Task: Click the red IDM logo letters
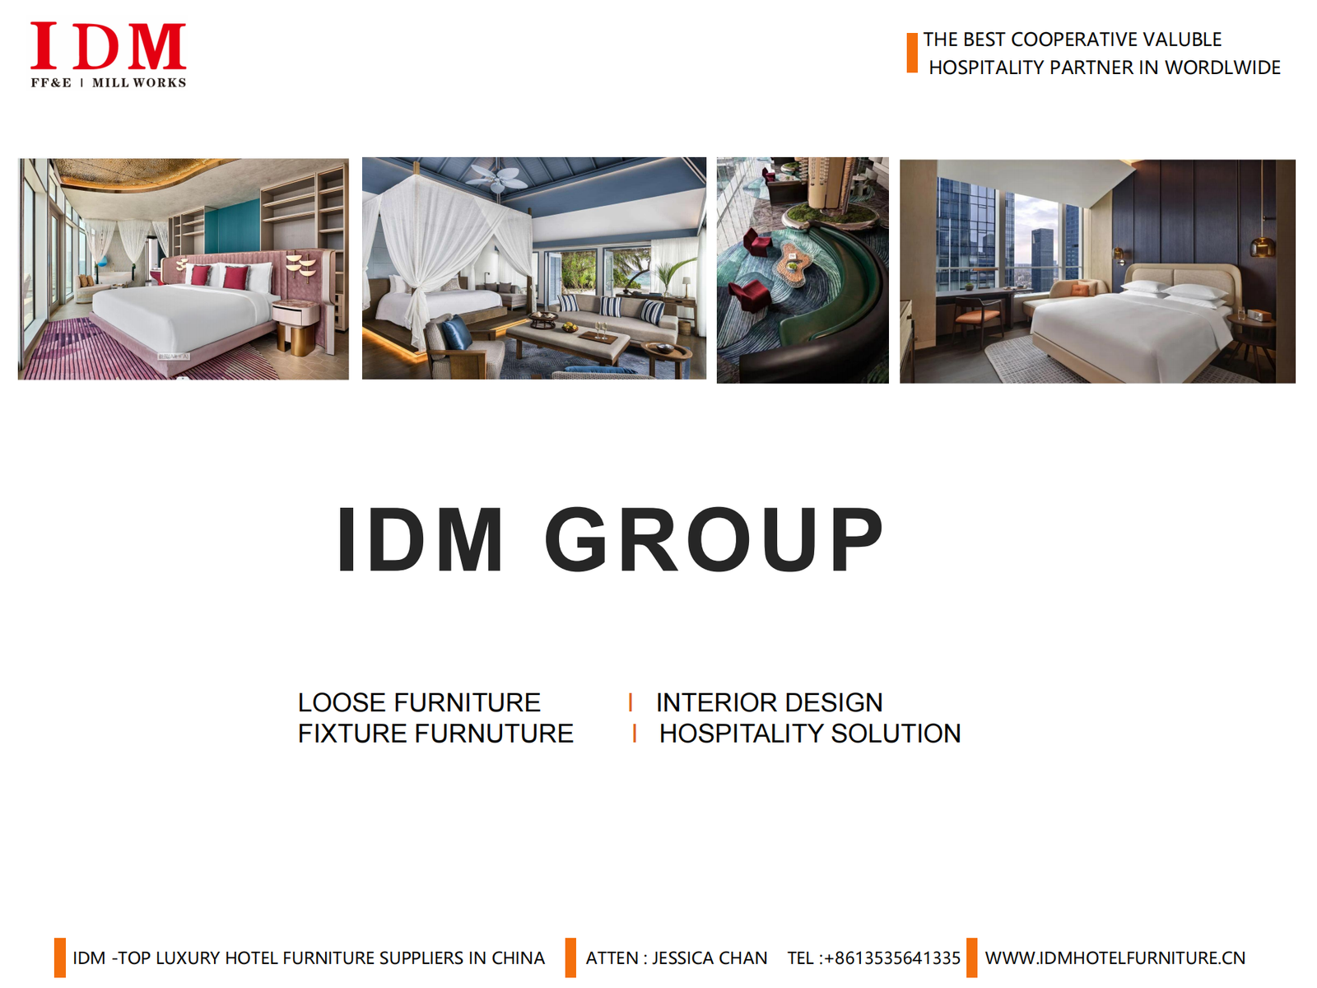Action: (108, 45)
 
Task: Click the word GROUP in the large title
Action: (714, 538)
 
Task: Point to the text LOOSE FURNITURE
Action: (419, 702)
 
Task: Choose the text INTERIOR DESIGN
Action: (769, 702)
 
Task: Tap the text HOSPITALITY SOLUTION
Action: (810, 734)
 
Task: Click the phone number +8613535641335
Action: (892, 958)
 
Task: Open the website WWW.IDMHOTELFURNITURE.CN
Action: (1115, 958)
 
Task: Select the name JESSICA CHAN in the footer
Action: (710, 958)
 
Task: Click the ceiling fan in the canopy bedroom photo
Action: (497, 177)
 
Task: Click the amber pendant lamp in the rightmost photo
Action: (1263, 247)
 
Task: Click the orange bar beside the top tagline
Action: (912, 53)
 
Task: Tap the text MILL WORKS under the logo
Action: (138, 83)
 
